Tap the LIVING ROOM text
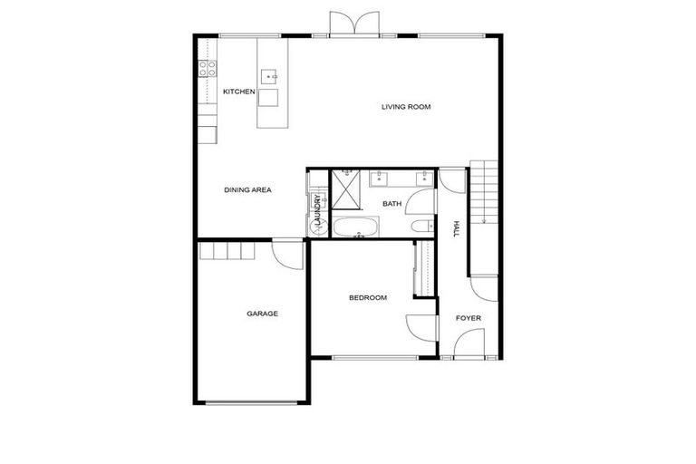click(405, 107)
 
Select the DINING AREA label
click(248, 190)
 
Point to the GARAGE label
click(263, 314)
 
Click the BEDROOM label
click(368, 298)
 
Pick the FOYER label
click(469, 318)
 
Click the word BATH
click(391, 204)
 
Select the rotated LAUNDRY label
click(318, 210)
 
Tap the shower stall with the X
click(345, 190)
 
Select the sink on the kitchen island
click(270, 77)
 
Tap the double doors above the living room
click(353, 24)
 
